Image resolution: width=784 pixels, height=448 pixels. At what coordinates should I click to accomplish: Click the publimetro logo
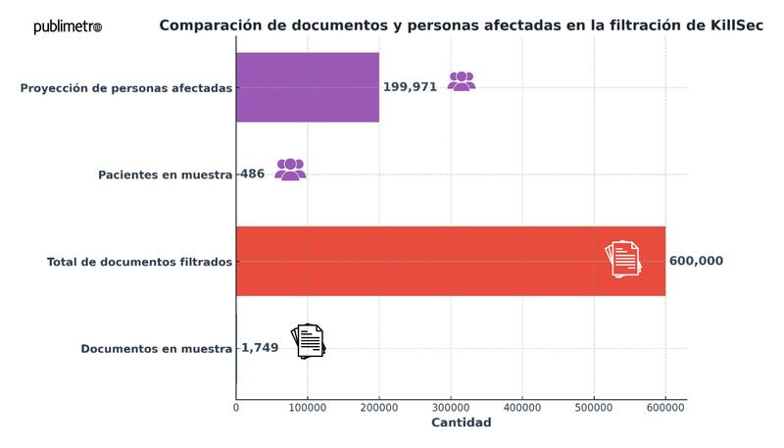click(x=68, y=26)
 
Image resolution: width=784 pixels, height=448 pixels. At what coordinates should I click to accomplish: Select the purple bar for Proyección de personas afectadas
click(x=307, y=87)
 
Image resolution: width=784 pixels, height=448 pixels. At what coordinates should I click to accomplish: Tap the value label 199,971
click(x=411, y=87)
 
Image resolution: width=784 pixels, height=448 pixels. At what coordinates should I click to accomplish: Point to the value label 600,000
click(x=696, y=261)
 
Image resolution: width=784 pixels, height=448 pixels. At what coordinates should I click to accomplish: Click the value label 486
click(x=253, y=174)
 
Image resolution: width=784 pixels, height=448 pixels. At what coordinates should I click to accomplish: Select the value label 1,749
click(x=260, y=348)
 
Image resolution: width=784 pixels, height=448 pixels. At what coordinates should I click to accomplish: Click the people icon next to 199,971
click(x=462, y=81)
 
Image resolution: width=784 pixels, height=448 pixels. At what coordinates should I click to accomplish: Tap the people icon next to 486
click(x=290, y=169)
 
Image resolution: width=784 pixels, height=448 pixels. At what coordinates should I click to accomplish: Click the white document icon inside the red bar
click(x=622, y=259)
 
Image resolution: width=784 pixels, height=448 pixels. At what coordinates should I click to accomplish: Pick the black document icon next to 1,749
click(x=309, y=341)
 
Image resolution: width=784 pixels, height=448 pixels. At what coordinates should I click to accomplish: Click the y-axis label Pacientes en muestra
click(x=165, y=174)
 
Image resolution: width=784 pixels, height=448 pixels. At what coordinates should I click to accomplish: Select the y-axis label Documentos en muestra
click(x=156, y=348)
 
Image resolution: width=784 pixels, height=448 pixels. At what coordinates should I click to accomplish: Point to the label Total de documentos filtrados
click(x=139, y=262)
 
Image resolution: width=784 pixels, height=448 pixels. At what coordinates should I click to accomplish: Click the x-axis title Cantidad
click(x=461, y=423)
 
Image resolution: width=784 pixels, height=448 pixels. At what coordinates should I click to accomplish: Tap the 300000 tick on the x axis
click(x=451, y=406)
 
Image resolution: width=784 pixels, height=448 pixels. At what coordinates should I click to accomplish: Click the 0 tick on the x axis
click(x=236, y=406)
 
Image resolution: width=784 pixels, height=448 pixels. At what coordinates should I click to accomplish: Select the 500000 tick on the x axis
click(x=594, y=406)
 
